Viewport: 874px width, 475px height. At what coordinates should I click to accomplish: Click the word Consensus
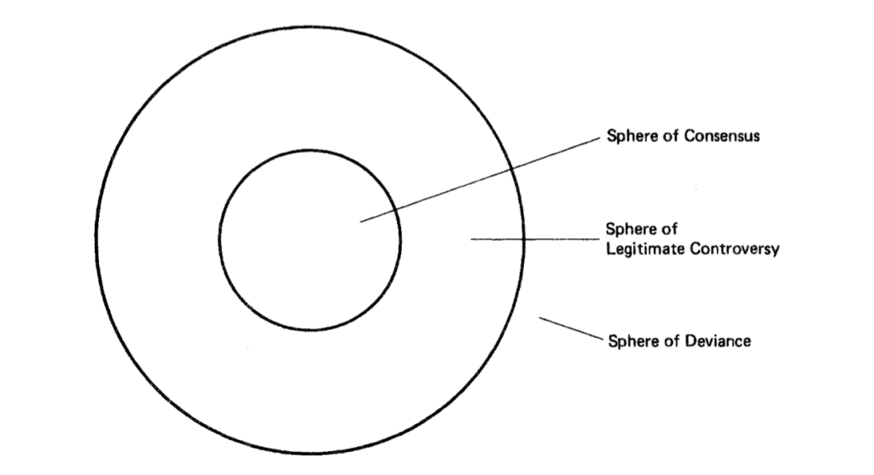click(x=721, y=136)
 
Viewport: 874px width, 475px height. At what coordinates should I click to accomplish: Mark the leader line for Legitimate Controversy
click(x=534, y=240)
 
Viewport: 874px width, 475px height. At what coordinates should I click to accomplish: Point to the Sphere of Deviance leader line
click(x=571, y=328)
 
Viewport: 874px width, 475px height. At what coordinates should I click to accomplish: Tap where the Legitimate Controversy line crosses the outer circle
click(x=524, y=240)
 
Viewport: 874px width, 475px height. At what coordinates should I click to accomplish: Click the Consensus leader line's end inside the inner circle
click(x=361, y=223)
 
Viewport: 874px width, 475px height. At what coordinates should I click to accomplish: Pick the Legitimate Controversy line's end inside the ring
click(x=471, y=240)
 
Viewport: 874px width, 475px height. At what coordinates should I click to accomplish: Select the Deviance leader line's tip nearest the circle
click(x=539, y=317)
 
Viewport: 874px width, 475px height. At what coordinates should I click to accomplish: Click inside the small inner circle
click(x=309, y=240)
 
